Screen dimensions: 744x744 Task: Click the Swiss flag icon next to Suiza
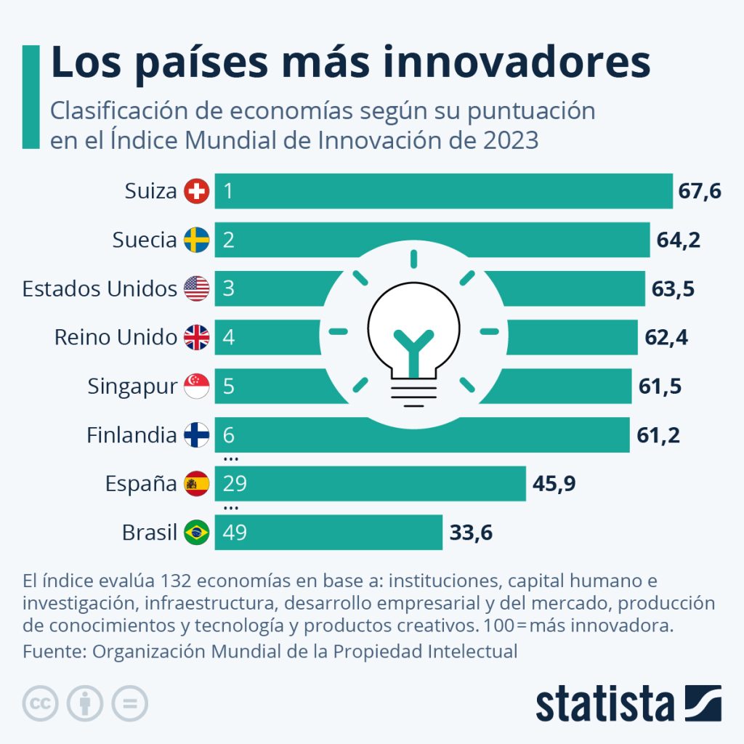pyautogui.click(x=196, y=192)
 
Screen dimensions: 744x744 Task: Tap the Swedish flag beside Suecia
pyautogui.click(x=196, y=240)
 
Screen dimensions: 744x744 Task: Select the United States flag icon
pyautogui.click(x=196, y=289)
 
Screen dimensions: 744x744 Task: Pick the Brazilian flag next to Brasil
pyautogui.click(x=196, y=533)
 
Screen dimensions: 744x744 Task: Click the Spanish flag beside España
pyautogui.click(x=196, y=484)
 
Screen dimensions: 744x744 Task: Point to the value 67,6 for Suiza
pyautogui.click(x=700, y=192)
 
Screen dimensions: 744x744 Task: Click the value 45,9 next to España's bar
pyautogui.click(x=554, y=484)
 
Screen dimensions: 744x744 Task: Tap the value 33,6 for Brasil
pyautogui.click(x=471, y=533)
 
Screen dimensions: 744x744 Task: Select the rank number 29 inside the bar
pyautogui.click(x=235, y=484)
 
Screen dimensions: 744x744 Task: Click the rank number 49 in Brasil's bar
pyautogui.click(x=235, y=533)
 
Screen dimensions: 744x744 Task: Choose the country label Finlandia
pyautogui.click(x=132, y=435)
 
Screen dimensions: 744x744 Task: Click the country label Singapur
pyautogui.click(x=132, y=387)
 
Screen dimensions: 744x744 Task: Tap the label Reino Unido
pyautogui.click(x=116, y=338)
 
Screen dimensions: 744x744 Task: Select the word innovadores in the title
pyautogui.click(x=517, y=62)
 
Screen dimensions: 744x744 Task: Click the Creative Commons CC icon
pyautogui.click(x=41, y=703)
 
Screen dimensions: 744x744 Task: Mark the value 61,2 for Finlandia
pyautogui.click(x=659, y=435)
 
